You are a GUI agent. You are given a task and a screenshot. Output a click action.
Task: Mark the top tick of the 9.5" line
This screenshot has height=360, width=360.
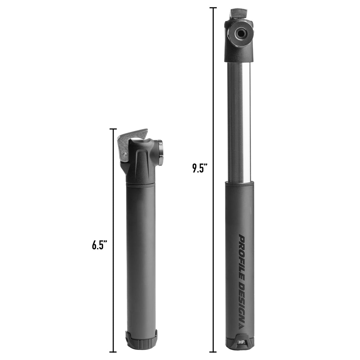click(x=213, y=8)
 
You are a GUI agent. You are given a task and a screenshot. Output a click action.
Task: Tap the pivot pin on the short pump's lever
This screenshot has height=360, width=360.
click(x=124, y=154)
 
